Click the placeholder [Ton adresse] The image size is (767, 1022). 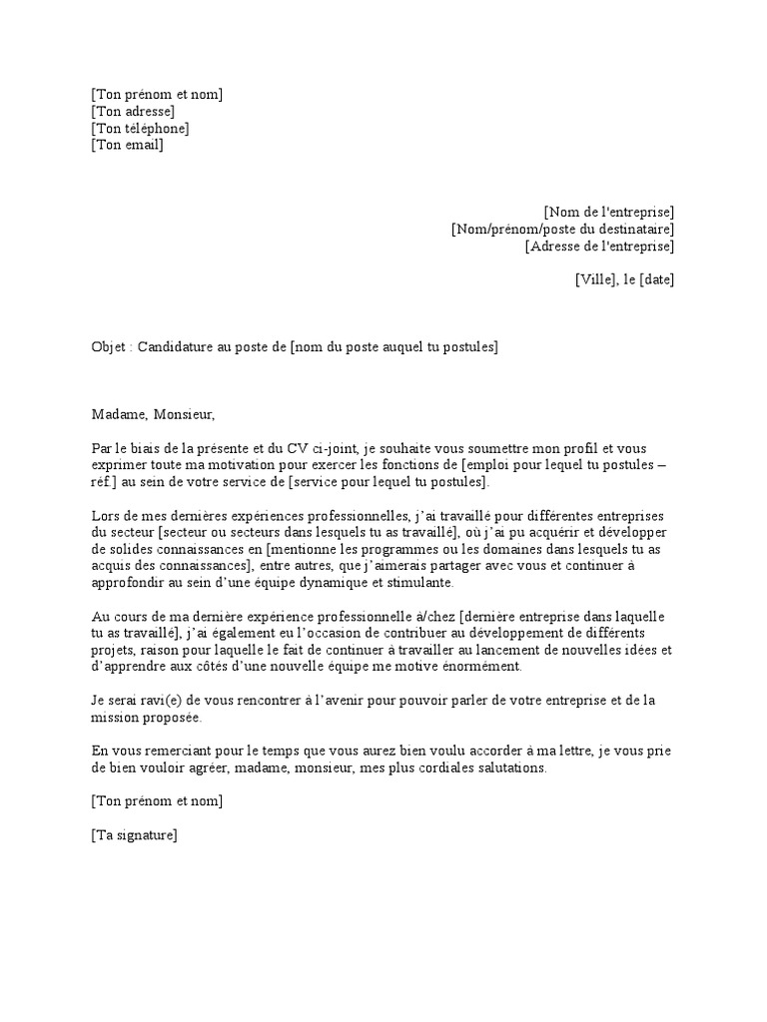pos(132,112)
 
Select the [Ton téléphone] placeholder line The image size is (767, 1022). pos(139,129)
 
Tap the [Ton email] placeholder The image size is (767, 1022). pos(126,146)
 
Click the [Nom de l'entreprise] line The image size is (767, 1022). pos(608,213)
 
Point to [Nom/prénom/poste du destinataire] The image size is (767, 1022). pos(562,230)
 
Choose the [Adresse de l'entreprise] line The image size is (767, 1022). pos(599,247)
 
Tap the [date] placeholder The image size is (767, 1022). pos(656,279)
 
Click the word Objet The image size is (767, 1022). pos(109,347)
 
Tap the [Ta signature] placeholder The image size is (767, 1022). pos(134,835)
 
